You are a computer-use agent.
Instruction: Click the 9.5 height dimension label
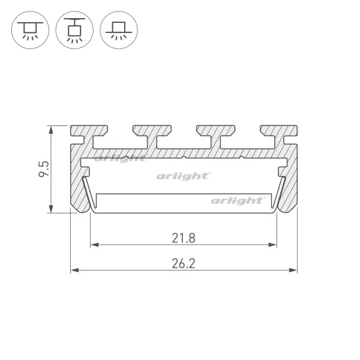point(44,169)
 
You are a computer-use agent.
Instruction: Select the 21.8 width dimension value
point(184,238)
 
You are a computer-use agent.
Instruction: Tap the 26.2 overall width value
point(184,263)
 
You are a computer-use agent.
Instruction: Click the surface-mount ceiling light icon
point(30,30)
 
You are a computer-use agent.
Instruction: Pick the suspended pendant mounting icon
point(74,30)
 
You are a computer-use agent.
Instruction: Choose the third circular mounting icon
point(119,30)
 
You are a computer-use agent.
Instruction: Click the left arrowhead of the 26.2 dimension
point(74,270)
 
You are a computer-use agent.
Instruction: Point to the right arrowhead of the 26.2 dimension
point(293,270)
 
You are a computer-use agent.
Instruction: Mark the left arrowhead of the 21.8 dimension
point(95,245)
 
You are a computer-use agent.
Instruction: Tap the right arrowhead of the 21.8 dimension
point(272,245)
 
